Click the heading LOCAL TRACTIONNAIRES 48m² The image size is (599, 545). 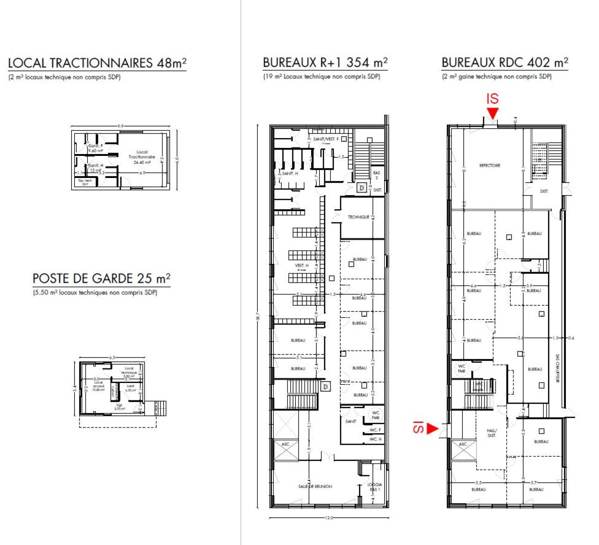(x=97, y=63)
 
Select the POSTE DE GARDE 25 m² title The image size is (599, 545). (x=101, y=279)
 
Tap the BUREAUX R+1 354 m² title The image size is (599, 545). (x=325, y=63)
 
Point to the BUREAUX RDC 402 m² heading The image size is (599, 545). (x=504, y=63)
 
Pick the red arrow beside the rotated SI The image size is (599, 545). (x=432, y=428)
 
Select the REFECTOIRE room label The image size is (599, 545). (x=489, y=165)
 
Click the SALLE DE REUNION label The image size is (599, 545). (x=315, y=486)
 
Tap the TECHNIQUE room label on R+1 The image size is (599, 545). (x=358, y=217)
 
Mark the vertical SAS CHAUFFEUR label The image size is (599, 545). (x=557, y=368)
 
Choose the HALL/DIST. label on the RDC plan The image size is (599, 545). (x=492, y=433)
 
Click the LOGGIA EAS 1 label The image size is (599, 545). (x=374, y=487)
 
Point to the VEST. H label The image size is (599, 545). (x=301, y=266)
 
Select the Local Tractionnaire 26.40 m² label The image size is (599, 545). (x=142, y=157)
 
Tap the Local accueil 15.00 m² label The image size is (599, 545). (x=98, y=386)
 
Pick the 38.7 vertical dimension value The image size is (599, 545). (x=257, y=317)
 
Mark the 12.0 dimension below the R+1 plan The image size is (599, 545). (x=329, y=518)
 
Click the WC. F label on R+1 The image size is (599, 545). (x=375, y=430)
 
